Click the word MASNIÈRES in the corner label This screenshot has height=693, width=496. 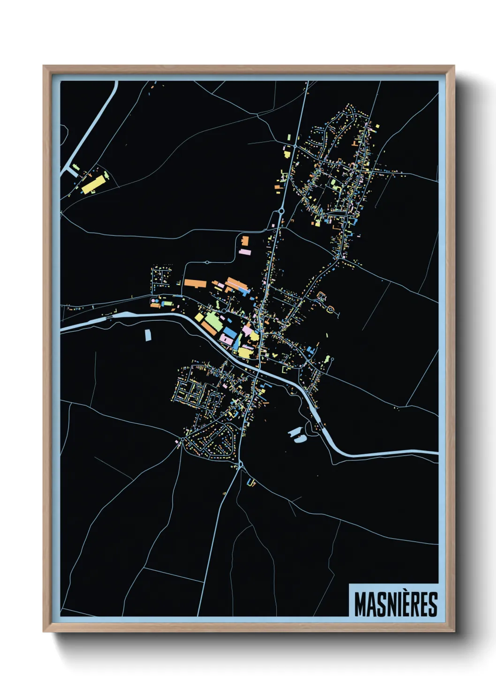tap(395, 604)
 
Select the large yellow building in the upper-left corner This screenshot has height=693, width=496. tap(92, 184)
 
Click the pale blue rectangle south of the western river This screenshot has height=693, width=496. tap(148, 335)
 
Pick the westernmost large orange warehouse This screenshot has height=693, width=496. tap(195, 283)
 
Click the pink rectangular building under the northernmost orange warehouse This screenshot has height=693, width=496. tap(245, 252)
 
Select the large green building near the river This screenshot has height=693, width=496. tap(213, 321)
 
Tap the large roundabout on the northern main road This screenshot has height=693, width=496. tap(281, 211)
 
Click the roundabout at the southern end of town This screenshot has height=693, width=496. tap(240, 464)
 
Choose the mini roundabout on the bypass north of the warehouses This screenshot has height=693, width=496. tap(207, 262)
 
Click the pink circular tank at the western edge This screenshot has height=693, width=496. tap(153, 300)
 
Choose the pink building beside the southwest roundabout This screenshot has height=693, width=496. tap(177, 441)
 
